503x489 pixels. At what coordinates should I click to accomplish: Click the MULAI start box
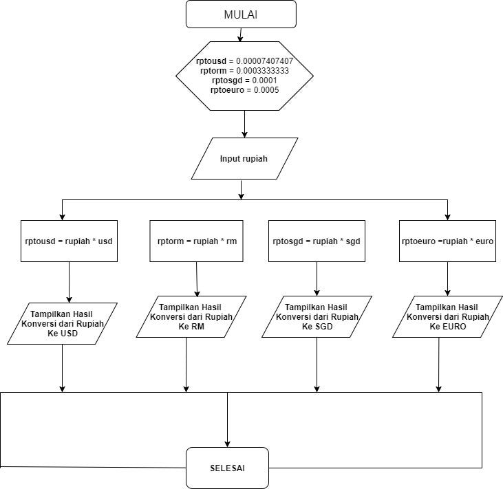240,14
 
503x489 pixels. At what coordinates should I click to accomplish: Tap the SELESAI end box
227,468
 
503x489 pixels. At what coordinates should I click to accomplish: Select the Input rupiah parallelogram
244,159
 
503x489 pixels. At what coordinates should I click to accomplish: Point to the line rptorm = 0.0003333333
244,70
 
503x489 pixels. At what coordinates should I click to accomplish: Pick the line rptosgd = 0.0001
244,80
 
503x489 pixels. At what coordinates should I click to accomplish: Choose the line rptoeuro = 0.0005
244,89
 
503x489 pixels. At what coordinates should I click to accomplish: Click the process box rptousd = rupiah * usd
69,241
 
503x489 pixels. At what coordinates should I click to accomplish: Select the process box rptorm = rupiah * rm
196,241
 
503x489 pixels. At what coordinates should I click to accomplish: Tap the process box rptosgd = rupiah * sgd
317,241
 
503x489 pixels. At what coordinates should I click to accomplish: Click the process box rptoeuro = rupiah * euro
447,241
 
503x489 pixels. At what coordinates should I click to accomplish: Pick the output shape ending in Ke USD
62,323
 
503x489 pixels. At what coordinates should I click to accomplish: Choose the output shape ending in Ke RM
191,317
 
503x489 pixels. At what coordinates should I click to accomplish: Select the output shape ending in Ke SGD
317,317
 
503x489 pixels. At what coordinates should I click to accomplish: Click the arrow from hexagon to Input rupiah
244,124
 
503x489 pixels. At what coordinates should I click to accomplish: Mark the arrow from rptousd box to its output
69,282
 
